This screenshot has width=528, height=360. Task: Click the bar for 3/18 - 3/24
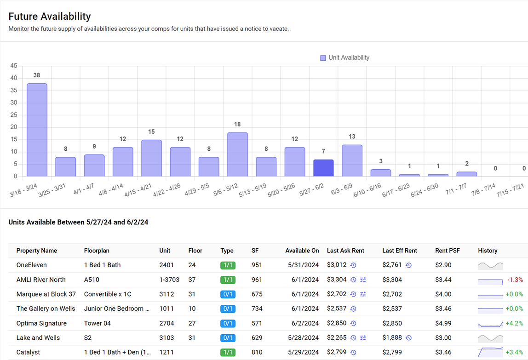click(x=37, y=130)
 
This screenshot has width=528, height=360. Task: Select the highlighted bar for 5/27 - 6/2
click(x=323, y=168)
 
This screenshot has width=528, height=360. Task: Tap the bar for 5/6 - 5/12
click(x=237, y=154)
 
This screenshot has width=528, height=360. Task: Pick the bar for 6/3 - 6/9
click(x=352, y=160)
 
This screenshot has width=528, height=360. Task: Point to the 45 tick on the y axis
click(x=13, y=66)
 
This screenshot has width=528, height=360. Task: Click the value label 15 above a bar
click(x=151, y=132)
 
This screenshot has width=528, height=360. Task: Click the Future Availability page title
click(x=50, y=17)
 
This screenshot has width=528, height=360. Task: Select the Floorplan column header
click(x=97, y=251)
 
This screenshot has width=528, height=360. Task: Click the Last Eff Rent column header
click(x=399, y=251)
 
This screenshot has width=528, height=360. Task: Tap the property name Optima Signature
click(x=41, y=323)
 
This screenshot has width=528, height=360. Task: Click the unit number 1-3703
click(x=169, y=280)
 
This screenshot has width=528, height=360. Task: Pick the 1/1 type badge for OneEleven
click(x=228, y=265)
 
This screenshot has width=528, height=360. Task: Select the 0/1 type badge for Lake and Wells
click(x=228, y=338)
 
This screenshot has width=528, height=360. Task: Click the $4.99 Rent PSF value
click(x=443, y=323)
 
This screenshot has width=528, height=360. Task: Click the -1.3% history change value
click(x=515, y=280)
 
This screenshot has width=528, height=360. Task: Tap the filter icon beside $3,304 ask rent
click(x=363, y=280)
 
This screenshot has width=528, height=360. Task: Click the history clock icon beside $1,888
click(x=408, y=338)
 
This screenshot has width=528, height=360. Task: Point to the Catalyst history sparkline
click(x=490, y=353)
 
